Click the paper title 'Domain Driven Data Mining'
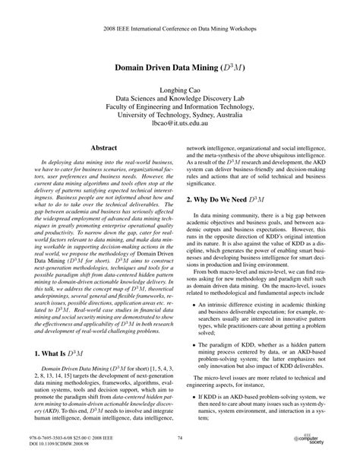click(x=179, y=67)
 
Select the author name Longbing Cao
click(x=179, y=89)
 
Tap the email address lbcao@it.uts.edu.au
click(x=179, y=122)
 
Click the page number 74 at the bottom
click(x=180, y=438)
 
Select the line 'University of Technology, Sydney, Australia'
click(x=179, y=111)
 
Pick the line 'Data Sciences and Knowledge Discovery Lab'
click(x=179, y=100)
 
